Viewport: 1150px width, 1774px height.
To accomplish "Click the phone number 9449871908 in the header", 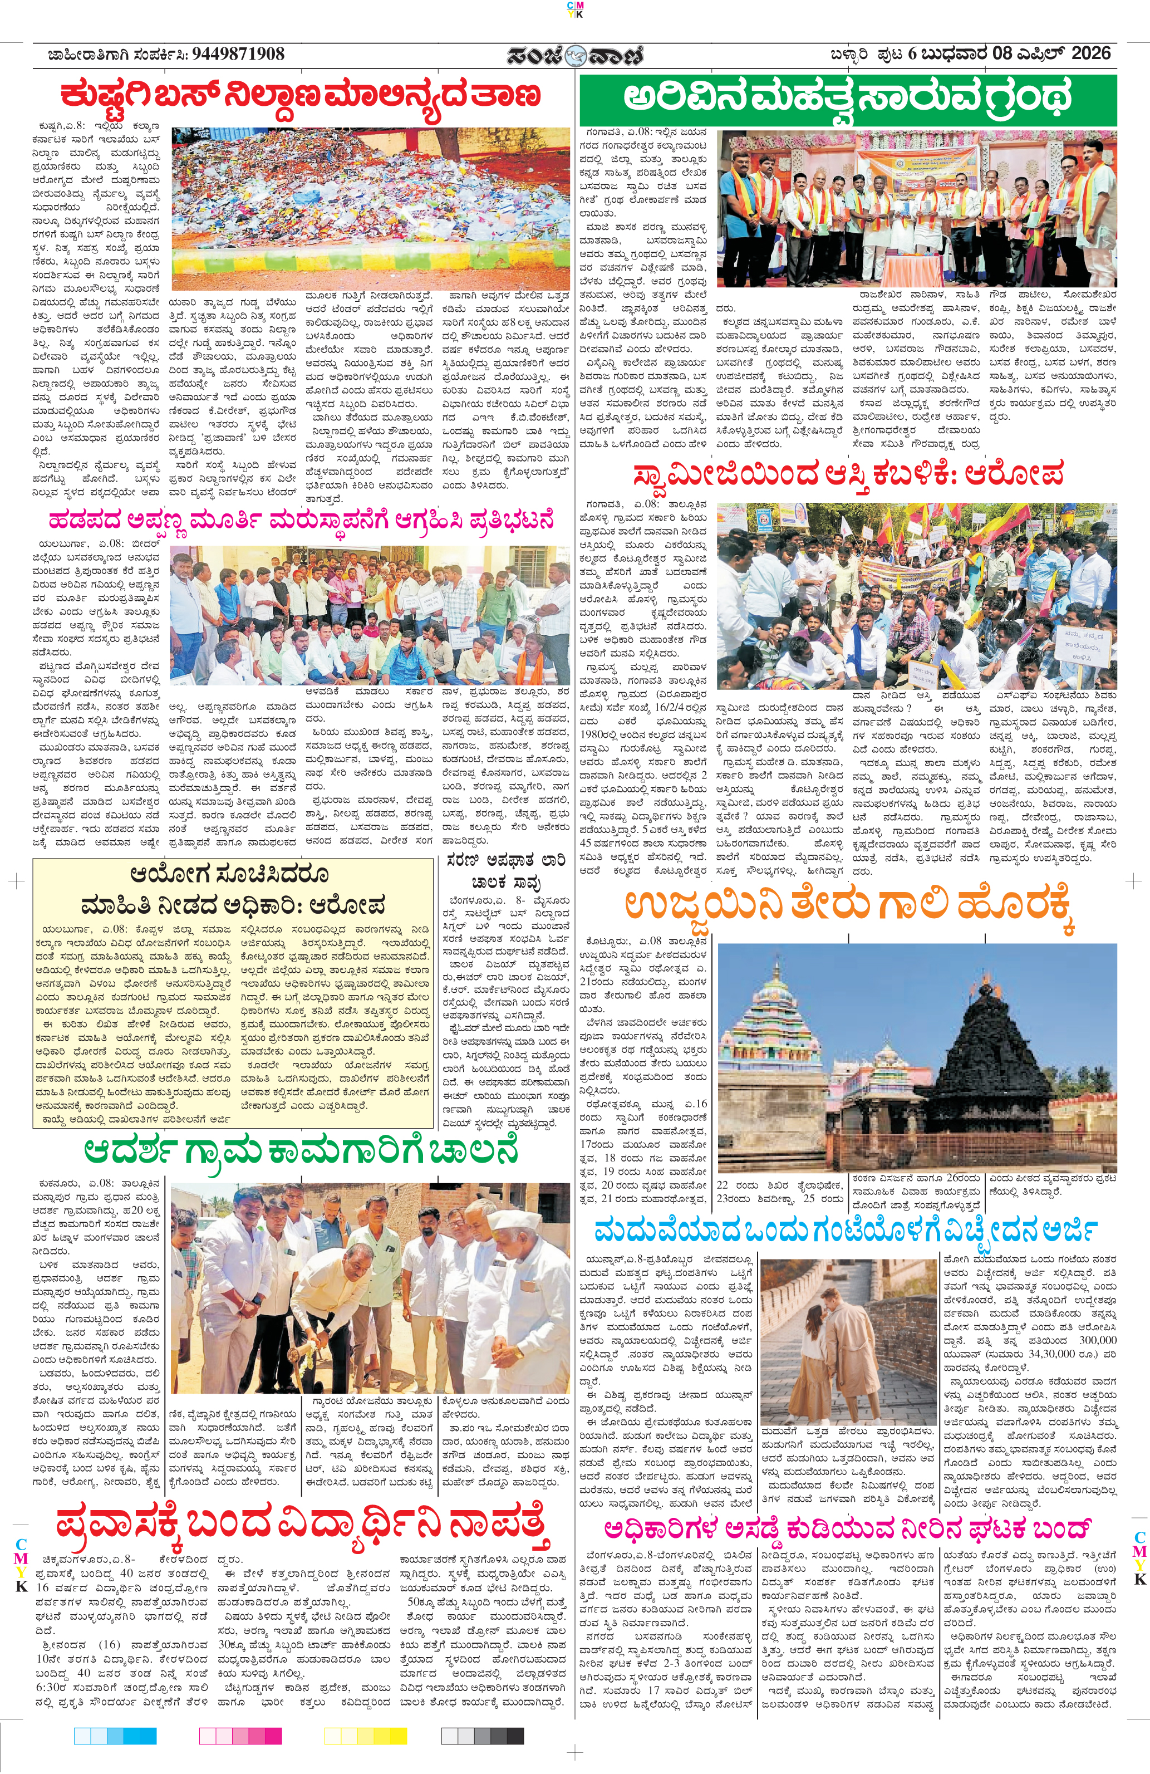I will coord(238,53).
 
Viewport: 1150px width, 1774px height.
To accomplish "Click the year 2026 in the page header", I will coord(1091,53).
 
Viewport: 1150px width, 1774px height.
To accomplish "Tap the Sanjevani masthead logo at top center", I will coord(574,56).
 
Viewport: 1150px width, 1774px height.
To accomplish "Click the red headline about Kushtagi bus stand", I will coord(301,97).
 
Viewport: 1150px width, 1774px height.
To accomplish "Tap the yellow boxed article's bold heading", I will coord(233,889).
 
